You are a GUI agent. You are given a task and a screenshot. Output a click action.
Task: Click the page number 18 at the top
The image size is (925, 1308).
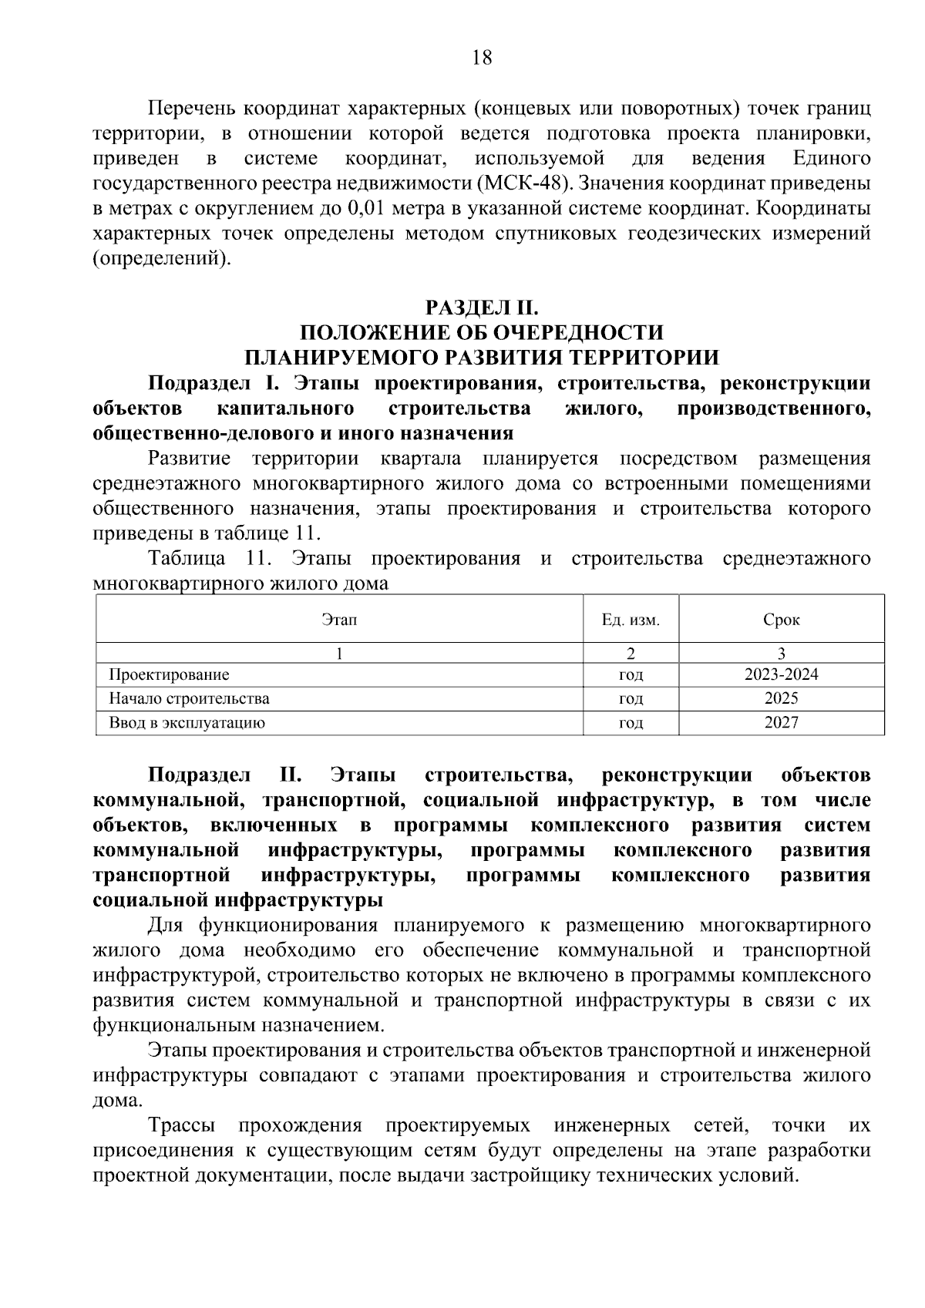click(481, 58)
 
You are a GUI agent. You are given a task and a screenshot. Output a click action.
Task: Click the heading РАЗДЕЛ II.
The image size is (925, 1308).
click(481, 308)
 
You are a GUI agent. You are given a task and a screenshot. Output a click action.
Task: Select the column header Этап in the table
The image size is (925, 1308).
click(339, 620)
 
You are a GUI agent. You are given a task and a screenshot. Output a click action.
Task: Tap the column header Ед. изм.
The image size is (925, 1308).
click(631, 620)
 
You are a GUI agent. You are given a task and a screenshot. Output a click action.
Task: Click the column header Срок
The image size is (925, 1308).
click(781, 620)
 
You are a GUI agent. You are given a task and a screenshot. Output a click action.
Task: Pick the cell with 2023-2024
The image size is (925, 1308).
click(781, 674)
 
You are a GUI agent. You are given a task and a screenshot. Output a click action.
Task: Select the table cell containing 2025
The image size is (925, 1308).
click(781, 698)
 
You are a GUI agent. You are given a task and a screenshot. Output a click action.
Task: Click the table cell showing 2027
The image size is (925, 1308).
click(781, 722)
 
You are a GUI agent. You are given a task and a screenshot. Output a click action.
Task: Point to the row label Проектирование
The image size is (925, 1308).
click(169, 675)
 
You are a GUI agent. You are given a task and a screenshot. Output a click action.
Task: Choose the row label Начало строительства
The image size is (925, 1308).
click(189, 699)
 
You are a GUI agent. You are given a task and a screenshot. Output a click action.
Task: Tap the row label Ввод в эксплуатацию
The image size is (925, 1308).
click(187, 723)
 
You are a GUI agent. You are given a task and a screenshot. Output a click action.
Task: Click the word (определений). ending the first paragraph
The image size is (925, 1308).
click(162, 259)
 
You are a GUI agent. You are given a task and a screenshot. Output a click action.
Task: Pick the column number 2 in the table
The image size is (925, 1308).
click(631, 654)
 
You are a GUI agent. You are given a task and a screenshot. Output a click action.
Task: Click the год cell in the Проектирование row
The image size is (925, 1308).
click(631, 675)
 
